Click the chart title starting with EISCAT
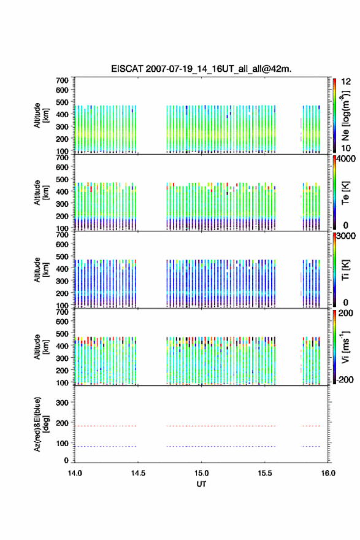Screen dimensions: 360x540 click(201, 69)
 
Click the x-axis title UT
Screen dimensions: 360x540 click(201, 484)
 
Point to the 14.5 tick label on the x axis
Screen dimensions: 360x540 click(138, 473)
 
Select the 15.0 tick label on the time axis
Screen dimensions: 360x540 click(201, 473)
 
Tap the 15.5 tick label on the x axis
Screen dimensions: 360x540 click(265, 473)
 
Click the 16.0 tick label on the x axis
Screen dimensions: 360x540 click(328, 473)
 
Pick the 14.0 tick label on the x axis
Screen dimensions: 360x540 click(75, 473)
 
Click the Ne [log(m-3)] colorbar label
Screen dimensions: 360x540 click(345, 115)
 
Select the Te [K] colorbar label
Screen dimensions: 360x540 click(345, 193)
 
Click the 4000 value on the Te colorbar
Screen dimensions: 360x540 click(347, 159)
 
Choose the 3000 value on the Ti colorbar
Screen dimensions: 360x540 click(347, 236)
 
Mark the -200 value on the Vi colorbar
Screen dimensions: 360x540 click(344, 379)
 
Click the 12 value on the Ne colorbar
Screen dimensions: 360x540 click(346, 82)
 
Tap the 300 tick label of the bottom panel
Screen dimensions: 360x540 click(63, 403)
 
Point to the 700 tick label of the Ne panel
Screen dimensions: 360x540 click(63, 80)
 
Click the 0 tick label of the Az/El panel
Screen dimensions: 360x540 click(66, 460)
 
